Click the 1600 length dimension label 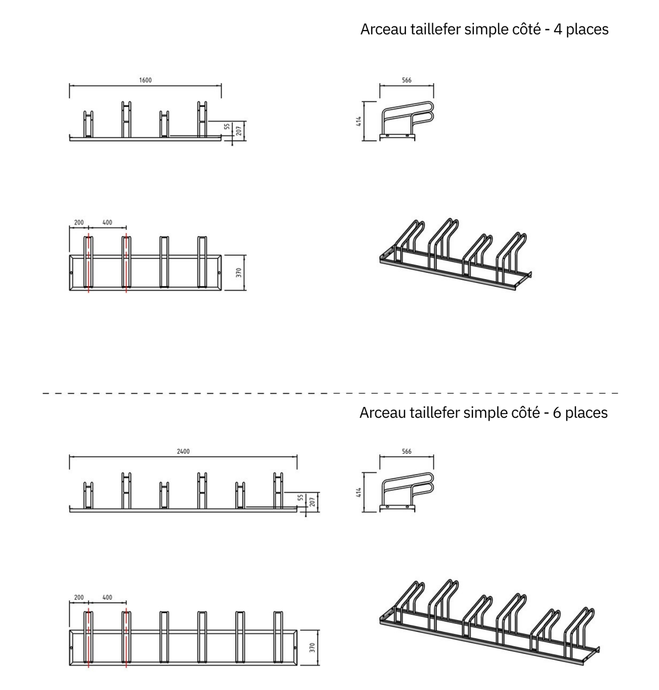[145, 80]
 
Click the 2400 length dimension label [183, 451]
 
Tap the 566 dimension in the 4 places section [407, 80]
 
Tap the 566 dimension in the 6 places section [407, 451]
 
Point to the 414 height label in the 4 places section [359, 121]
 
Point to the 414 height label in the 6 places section [359, 492]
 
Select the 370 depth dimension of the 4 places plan [239, 272]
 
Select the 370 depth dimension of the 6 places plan [312, 647]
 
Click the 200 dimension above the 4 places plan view [79, 223]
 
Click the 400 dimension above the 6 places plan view [107, 597]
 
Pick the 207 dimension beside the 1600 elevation [239, 131]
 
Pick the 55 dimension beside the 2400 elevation [301, 498]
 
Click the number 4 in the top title [558, 30]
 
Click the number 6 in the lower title [557, 413]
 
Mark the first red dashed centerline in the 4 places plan [88, 263]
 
